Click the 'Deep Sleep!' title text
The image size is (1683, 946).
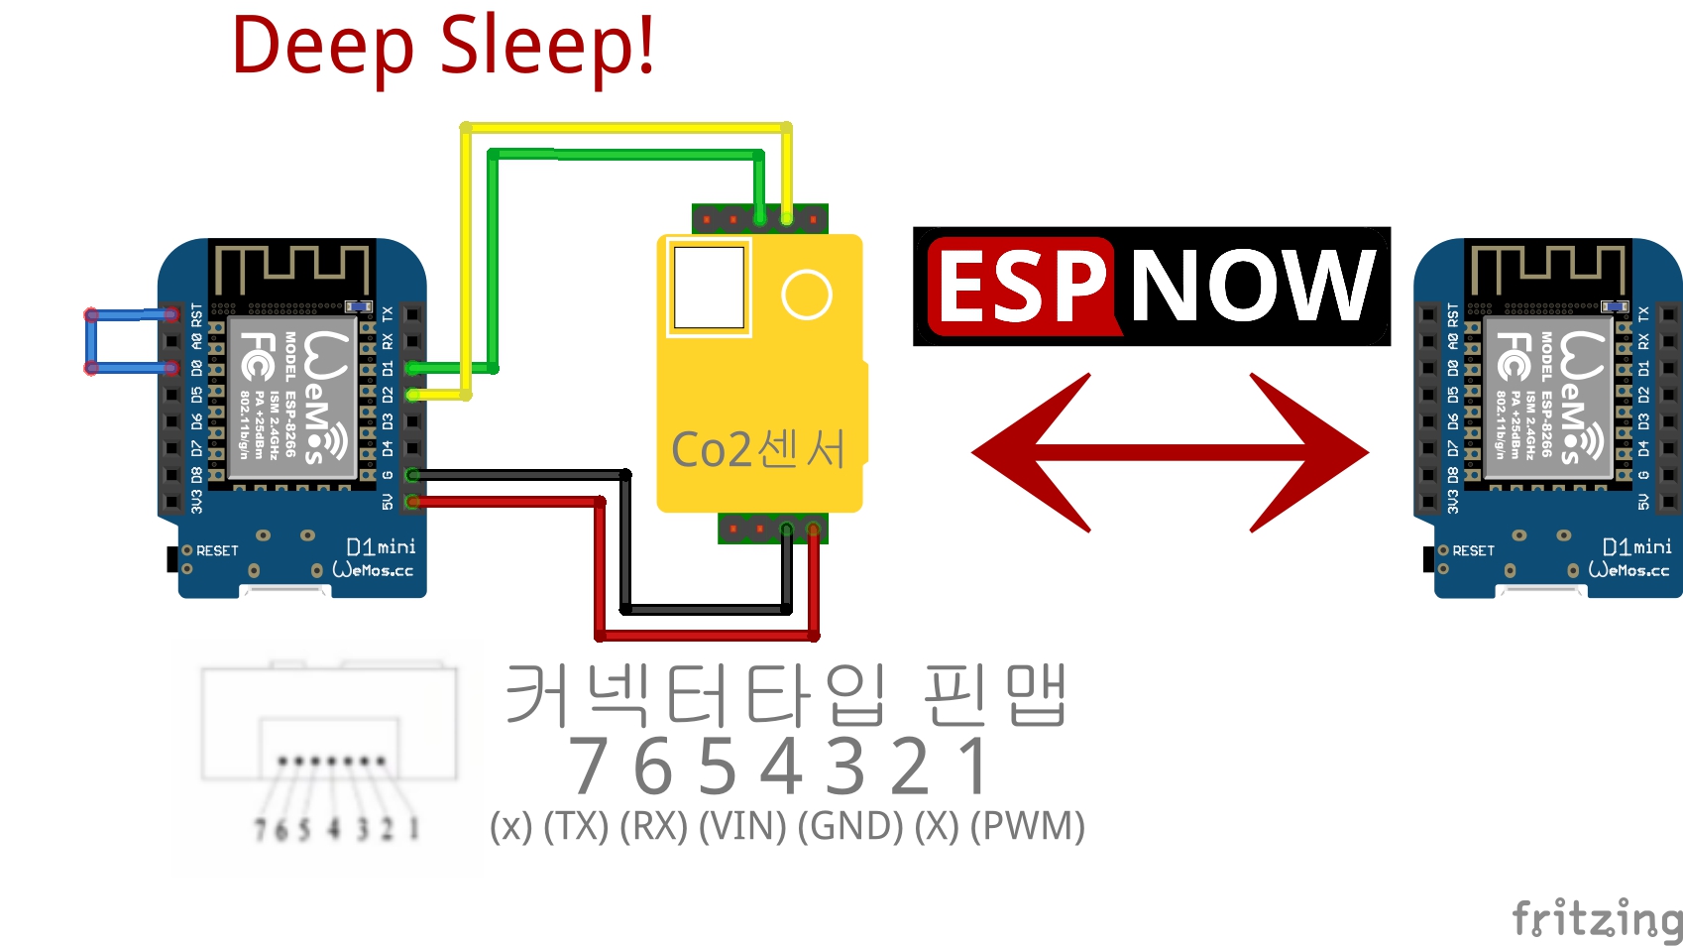443,47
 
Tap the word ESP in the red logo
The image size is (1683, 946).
1021,286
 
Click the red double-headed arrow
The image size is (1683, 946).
1170,452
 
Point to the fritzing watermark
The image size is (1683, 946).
1596,918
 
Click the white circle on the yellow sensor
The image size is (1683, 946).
806,295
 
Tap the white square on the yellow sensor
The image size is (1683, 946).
709,287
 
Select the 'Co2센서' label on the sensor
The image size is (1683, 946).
758,449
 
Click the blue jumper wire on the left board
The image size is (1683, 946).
91,341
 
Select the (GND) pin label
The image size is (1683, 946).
850,826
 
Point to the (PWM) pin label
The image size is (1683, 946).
1028,826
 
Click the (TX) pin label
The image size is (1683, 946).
576,826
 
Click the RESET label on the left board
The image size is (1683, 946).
217,550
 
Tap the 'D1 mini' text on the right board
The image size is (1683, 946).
1636,546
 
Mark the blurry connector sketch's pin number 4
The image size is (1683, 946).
334,828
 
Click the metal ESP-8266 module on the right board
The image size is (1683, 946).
1547,397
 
